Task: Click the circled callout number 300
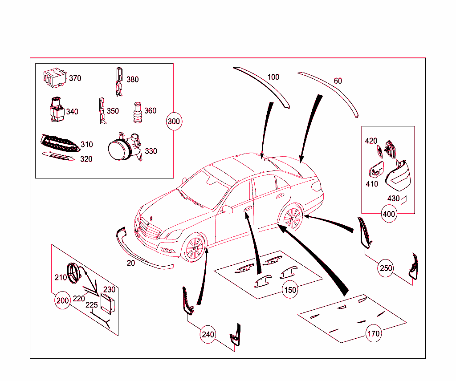pos(174,121)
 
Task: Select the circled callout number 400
pos(389,214)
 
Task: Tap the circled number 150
pos(290,290)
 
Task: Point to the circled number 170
pos(374,333)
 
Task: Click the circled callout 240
pos(208,334)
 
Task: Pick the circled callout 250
pos(386,268)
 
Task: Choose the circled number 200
pos(62,300)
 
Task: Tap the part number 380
pos(132,80)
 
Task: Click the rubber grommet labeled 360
pos(137,114)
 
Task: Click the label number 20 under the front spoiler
pos(130,263)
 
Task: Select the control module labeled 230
pos(108,304)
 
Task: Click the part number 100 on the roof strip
pos(273,77)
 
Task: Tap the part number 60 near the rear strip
pos(338,81)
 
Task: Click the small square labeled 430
pos(404,200)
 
